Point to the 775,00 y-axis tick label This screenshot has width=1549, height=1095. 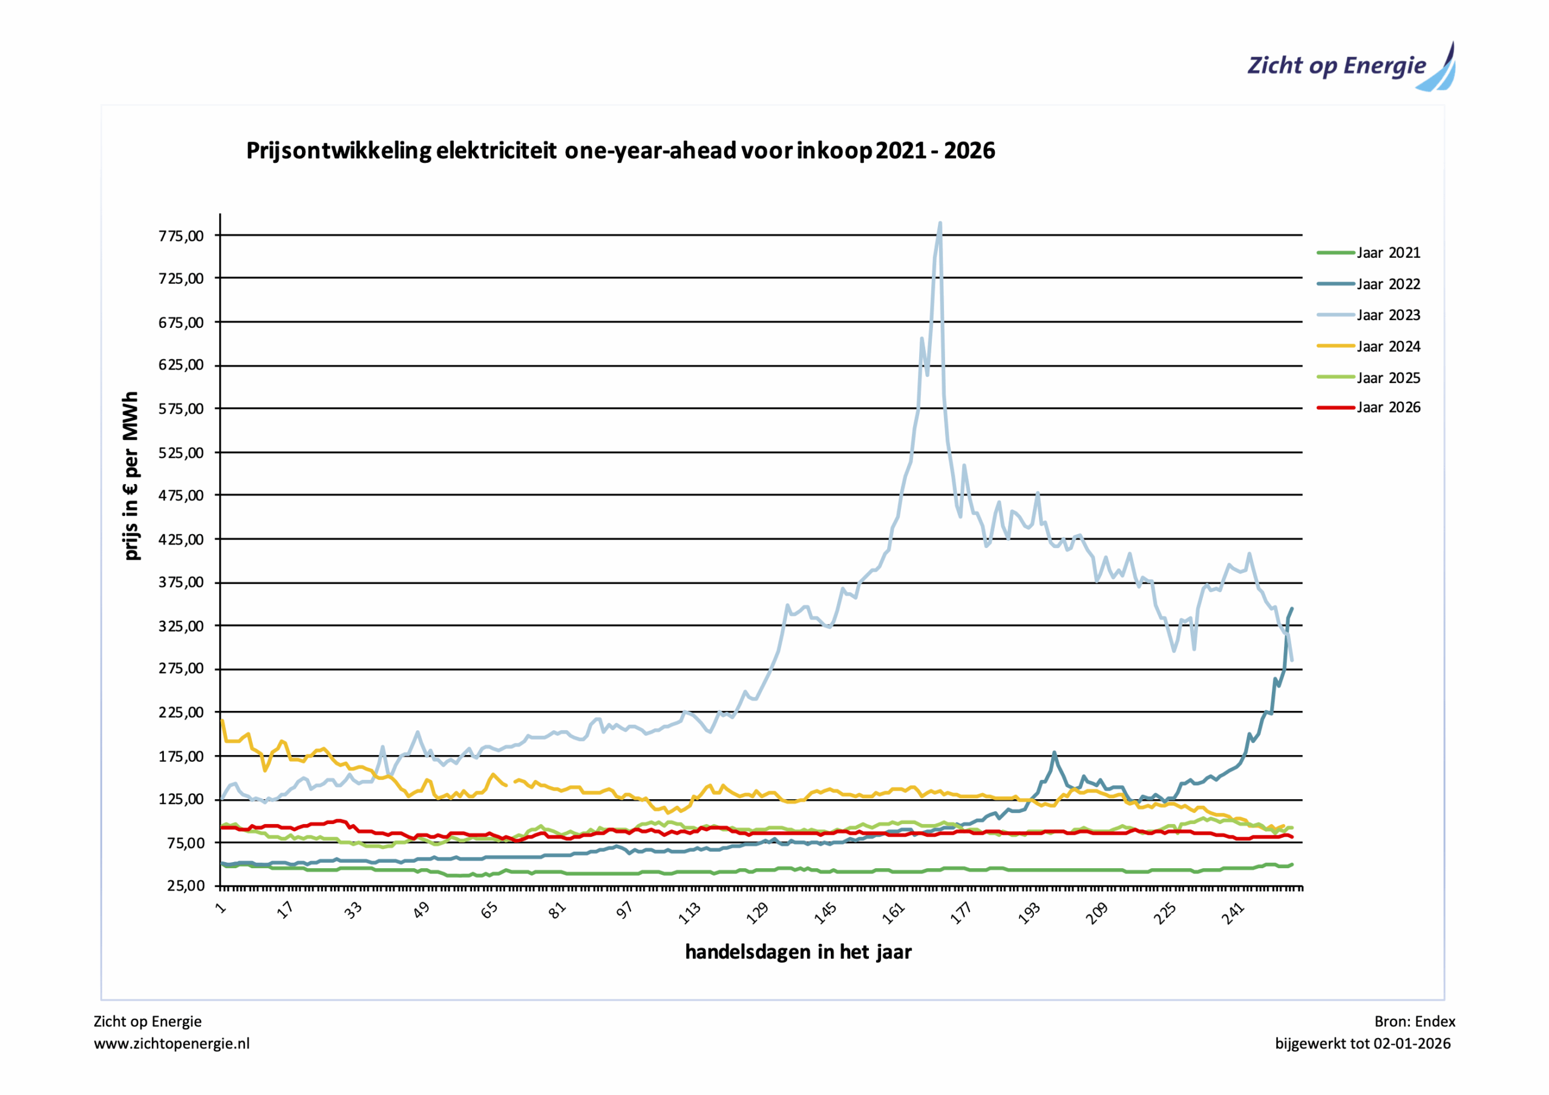pos(181,236)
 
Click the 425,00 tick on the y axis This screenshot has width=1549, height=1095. pos(181,540)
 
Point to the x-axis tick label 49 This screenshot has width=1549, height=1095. pos(422,911)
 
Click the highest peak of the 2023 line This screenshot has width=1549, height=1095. pos(940,223)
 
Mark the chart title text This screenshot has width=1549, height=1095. pos(620,151)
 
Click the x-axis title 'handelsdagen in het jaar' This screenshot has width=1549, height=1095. pos(798,952)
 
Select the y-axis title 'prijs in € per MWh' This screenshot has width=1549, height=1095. pos(131,476)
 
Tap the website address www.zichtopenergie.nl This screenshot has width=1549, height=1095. pos(171,1044)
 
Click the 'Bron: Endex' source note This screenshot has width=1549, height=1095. pos(1414,1021)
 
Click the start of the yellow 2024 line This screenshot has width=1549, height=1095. pos(223,721)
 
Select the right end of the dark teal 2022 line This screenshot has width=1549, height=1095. pos(1291,609)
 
